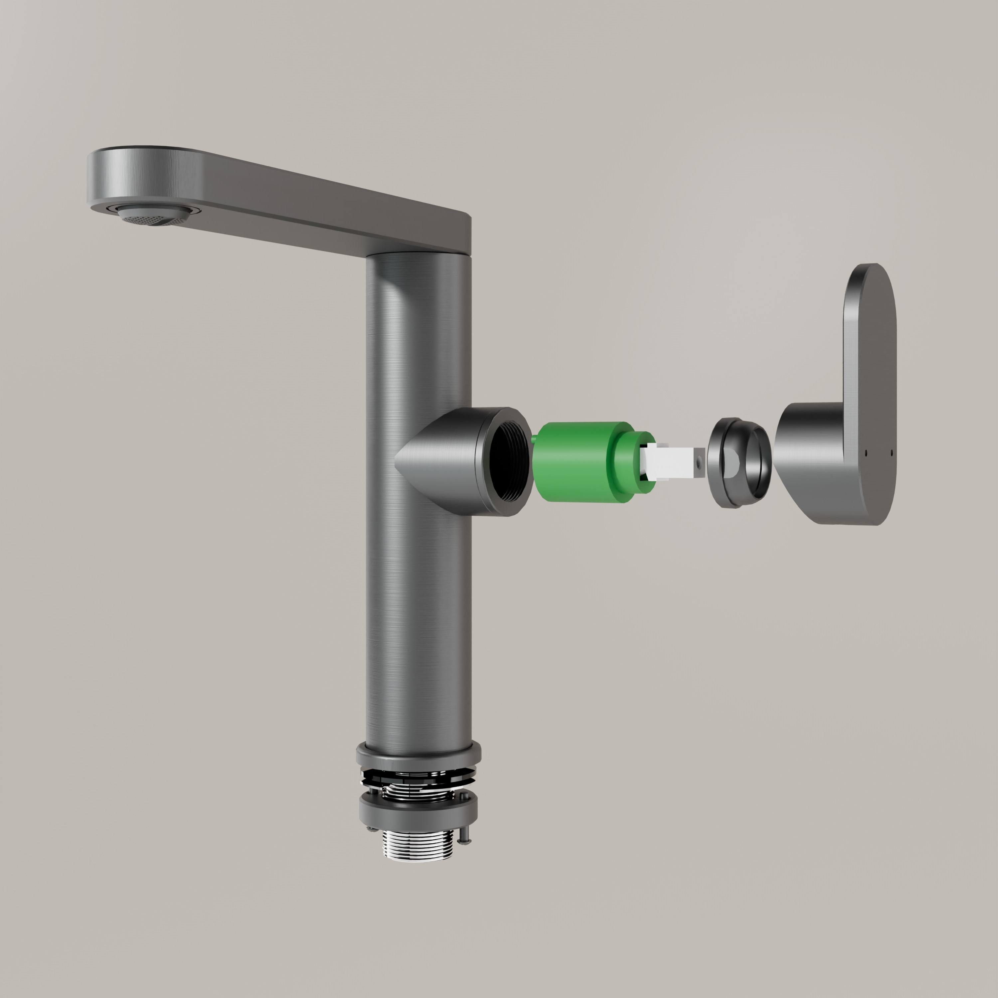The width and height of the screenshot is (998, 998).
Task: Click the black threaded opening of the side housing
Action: coord(509,461)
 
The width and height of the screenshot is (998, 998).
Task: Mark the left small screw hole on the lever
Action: coord(866,453)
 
